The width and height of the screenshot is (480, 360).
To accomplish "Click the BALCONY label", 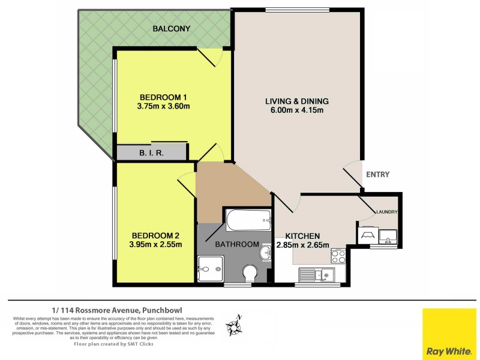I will click(x=171, y=29).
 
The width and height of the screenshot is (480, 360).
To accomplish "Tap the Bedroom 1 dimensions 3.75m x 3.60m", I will click(x=164, y=107).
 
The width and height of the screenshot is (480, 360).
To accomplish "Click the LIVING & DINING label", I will click(x=297, y=101).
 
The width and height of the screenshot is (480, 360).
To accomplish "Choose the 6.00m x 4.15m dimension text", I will click(x=297, y=110).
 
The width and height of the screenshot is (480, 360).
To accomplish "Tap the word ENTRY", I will click(x=377, y=175).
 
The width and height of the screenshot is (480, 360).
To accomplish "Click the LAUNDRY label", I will click(x=387, y=211).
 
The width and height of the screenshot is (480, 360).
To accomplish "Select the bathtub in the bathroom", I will click(x=248, y=221).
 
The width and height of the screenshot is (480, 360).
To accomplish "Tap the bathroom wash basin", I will click(x=265, y=254).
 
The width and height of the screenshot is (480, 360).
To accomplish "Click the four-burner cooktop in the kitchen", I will click(x=337, y=257).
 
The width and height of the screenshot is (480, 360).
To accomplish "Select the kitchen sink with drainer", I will click(x=316, y=275).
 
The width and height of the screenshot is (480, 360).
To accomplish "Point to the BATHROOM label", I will click(x=238, y=245).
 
